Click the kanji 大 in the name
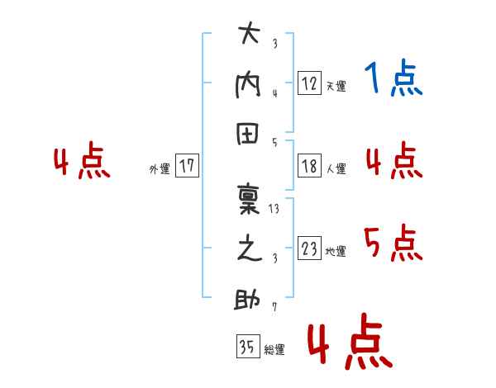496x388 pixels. coord(250,32)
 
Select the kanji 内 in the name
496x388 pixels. coord(248,86)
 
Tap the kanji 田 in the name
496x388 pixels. coord(248,134)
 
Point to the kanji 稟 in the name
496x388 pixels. coord(249,199)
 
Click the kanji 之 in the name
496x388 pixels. coord(250,248)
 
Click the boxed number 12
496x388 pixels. coord(309,83)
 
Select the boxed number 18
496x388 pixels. coord(309,166)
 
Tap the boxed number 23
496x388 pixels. coord(309,248)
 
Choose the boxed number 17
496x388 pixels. coord(187,165)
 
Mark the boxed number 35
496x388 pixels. coord(248,346)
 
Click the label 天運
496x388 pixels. coord(336,86)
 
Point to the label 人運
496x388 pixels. coord(336,168)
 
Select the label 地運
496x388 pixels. coord(336,251)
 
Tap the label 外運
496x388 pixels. coord(160,168)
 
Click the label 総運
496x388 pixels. coord(274,349)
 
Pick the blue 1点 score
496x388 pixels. coord(393,78)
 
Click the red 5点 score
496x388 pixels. coord(393,243)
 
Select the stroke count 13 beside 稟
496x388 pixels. coord(274,209)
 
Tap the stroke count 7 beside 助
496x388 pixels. coord(274,307)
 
